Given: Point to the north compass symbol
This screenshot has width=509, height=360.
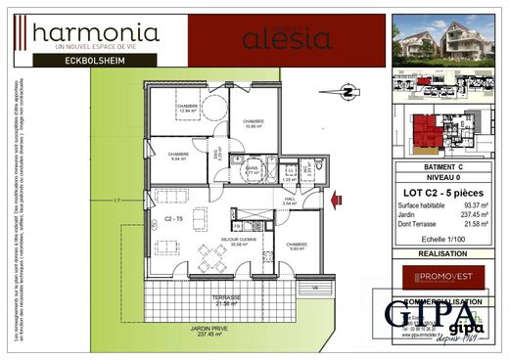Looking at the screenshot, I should pos(346,94).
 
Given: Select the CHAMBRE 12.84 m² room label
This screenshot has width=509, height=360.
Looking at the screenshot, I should pos(188,110).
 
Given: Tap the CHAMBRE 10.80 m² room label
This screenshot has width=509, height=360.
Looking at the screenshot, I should pos(254,124).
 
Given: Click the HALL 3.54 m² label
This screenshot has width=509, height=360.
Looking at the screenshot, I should pos(290,202).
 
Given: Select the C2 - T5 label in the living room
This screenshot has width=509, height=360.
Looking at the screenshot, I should pos(174,219).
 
